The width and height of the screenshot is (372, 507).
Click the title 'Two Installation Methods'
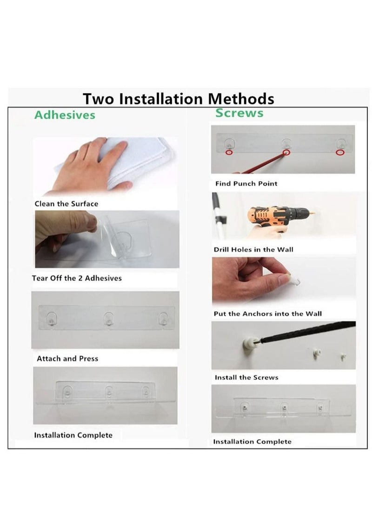[x=178, y=99]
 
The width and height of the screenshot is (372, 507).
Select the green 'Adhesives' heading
[x=65, y=115]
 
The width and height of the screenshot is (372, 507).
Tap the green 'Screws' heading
[x=239, y=113]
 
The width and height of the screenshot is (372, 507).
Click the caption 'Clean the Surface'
[x=66, y=204]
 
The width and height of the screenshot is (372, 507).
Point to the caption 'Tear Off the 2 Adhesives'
[x=77, y=278]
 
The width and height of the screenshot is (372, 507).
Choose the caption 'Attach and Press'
[x=67, y=359]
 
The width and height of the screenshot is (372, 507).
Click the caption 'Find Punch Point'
[x=246, y=184]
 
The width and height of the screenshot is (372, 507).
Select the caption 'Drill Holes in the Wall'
[x=253, y=250]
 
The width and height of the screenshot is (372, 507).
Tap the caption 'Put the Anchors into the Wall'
[x=267, y=314]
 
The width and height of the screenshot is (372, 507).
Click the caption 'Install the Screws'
[x=246, y=377]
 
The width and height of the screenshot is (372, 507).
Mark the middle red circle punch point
[x=286, y=153]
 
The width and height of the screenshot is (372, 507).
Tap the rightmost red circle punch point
[x=339, y=152]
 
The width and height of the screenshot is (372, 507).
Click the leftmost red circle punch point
[x=229, y=152]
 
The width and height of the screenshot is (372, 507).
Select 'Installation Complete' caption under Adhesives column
[x=73, y=435]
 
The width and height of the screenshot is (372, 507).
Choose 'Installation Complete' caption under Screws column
[x=252, y=442]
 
